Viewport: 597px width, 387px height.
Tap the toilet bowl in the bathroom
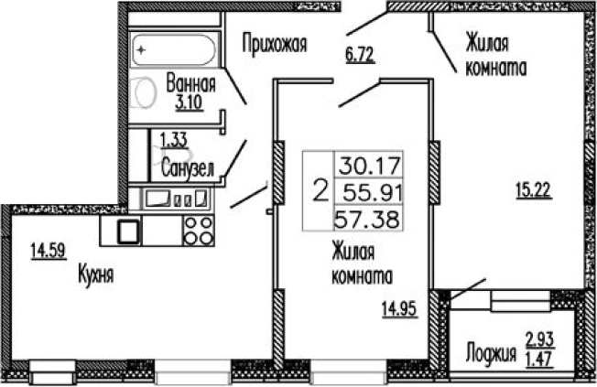(145, 94)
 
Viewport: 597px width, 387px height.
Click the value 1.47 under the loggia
(539, 360)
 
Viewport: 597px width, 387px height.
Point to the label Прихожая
(273, 41)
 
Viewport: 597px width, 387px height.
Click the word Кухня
(95, 273)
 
